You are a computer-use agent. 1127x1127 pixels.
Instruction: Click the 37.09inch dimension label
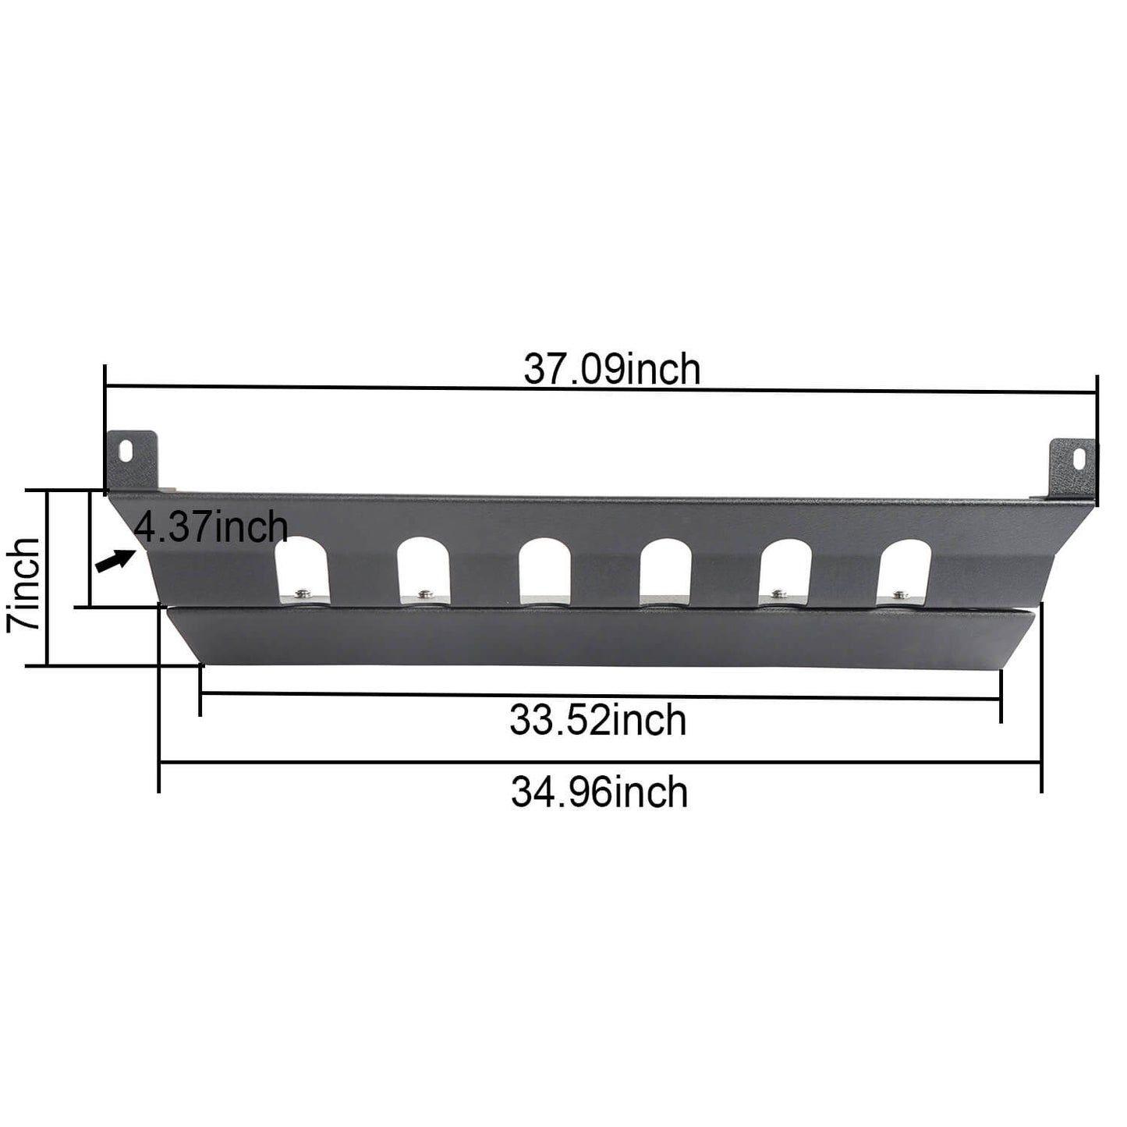(x=611, y=370)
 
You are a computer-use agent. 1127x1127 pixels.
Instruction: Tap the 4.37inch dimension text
(x=211, y=527)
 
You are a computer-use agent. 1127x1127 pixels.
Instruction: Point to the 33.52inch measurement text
(x=597, y=720)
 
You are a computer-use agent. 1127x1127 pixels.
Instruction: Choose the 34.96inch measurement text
(x=599, y=792)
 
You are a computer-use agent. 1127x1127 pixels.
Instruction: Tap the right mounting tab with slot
(x=1072, y=470)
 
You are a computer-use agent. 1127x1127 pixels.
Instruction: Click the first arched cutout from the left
(x=303, y=571)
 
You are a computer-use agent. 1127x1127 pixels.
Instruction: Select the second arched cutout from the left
(x=424, y=571)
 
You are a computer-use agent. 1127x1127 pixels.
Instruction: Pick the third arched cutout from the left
(x=544, y=571)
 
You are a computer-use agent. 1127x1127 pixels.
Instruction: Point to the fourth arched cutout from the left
(x=665, y=571)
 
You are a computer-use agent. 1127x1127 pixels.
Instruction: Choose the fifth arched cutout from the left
(x=785, y=571)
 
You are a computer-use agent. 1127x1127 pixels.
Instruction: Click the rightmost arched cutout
(x=905, y=571)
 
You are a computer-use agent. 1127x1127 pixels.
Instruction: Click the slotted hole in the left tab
(x=127, y=450)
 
